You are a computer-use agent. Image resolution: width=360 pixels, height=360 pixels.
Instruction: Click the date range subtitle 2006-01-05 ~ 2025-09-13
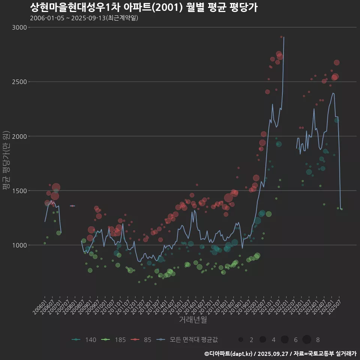tap(84, 18)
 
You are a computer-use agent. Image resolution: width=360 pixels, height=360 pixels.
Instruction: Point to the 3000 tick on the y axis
tap(19, 27)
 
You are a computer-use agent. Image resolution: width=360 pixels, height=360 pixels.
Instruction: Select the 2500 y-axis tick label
tap(19, 82)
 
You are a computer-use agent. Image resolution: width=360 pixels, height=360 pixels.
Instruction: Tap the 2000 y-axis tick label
tap(19, 136)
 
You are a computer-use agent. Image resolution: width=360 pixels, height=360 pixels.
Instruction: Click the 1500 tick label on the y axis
tap(19, 190)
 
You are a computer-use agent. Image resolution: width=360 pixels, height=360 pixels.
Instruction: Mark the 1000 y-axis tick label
tap(19, 245)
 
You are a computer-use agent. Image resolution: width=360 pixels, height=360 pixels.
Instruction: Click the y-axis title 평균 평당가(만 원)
tap(6, 160)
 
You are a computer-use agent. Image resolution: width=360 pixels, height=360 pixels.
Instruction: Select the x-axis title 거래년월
tap(193, 319)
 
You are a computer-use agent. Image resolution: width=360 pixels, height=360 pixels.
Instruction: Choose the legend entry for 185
tap(113, 340)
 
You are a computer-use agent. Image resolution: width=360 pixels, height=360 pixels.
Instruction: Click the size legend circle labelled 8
tap(307, 340)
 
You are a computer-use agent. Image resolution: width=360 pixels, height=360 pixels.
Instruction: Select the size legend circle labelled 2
tap(241, 340)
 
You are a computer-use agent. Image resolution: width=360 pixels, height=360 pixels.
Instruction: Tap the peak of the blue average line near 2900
tap(284, 37)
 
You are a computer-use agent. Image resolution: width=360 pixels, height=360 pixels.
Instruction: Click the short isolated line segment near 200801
tap(72, 205)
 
